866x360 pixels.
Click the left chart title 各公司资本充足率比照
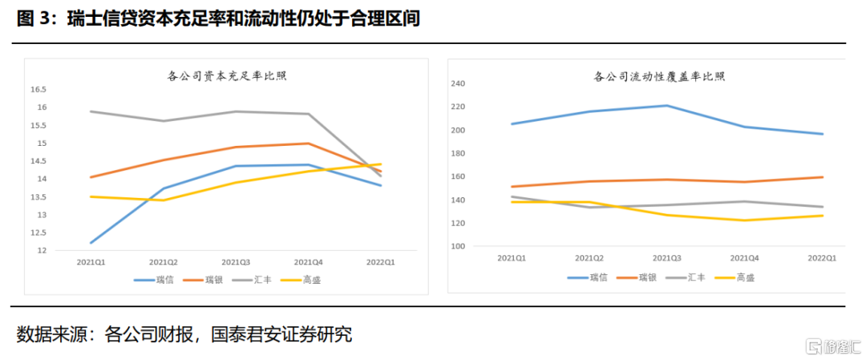coord(227,76)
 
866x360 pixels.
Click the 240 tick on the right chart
coord(459,83)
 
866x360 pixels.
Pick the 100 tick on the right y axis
coord(459,246)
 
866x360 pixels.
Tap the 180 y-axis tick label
coord(459,153)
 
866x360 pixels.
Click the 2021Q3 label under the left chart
coord(236,262)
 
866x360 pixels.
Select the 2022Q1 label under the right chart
coord(822,258)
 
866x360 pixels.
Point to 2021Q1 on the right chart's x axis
coord(512,258)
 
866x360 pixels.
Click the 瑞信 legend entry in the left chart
coord(156,280)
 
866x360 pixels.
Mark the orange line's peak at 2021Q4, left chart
coord(309,144)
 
